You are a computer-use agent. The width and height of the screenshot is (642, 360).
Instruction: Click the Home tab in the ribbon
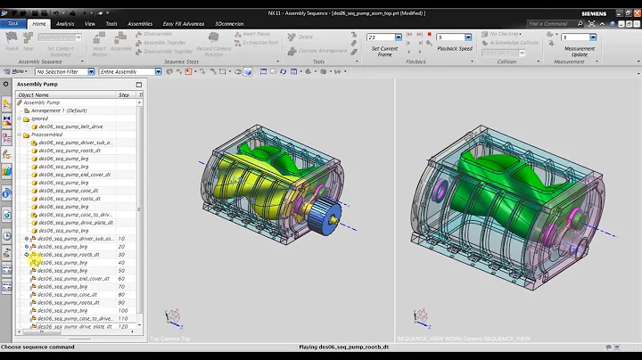[38, 24]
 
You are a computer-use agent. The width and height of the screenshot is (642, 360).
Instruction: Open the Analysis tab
[65, 24]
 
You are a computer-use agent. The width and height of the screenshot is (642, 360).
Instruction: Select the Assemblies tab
[140, 24]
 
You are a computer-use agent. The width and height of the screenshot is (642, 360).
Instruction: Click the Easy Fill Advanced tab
[181, 24]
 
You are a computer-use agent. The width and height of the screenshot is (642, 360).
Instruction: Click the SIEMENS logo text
[620, 13]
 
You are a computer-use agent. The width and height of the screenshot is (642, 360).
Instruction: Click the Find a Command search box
[557, 24]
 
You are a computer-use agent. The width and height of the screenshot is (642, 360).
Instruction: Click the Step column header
[124, 94]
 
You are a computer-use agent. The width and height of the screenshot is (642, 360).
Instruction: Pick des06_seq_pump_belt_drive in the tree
[72, 127]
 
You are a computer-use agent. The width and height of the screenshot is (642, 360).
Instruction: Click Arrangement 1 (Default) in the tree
[60, 110]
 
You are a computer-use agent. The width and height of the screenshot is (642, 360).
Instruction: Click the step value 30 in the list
[121, 255]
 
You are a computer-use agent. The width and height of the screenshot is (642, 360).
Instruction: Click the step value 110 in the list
[123, 318]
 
